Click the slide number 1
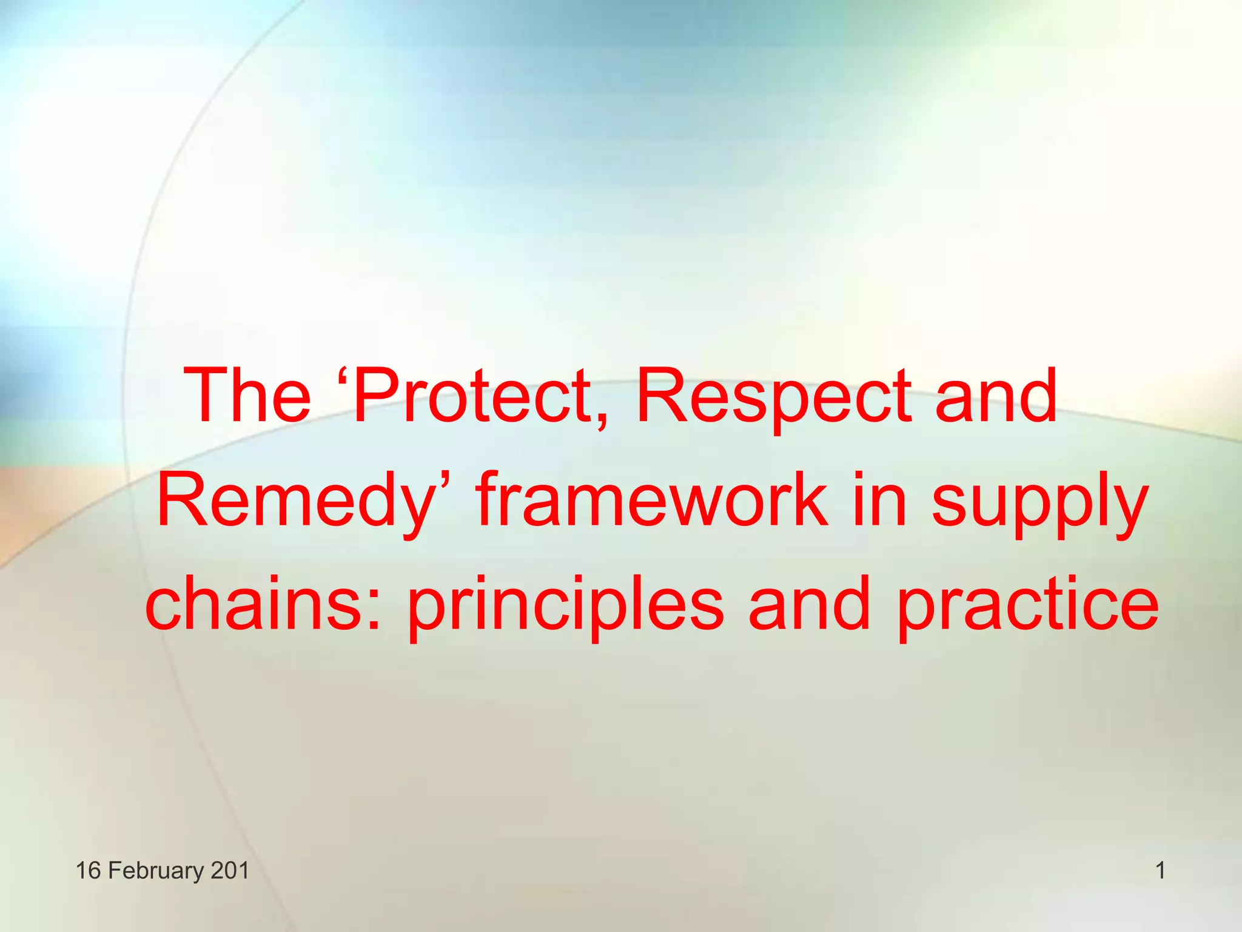tap(1160, 871)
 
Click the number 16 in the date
tap(88, 871)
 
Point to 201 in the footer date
tap(230, 871)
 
